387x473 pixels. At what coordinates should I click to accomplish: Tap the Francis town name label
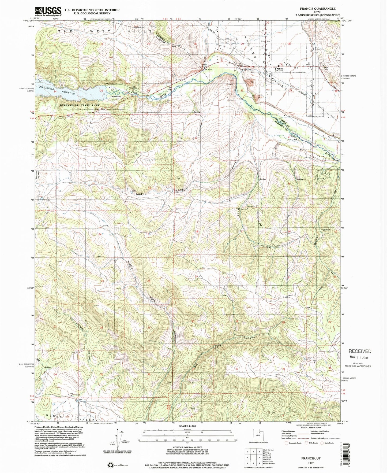(x=279, y=69)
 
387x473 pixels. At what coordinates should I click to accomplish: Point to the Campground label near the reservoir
(x=115, y=96)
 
